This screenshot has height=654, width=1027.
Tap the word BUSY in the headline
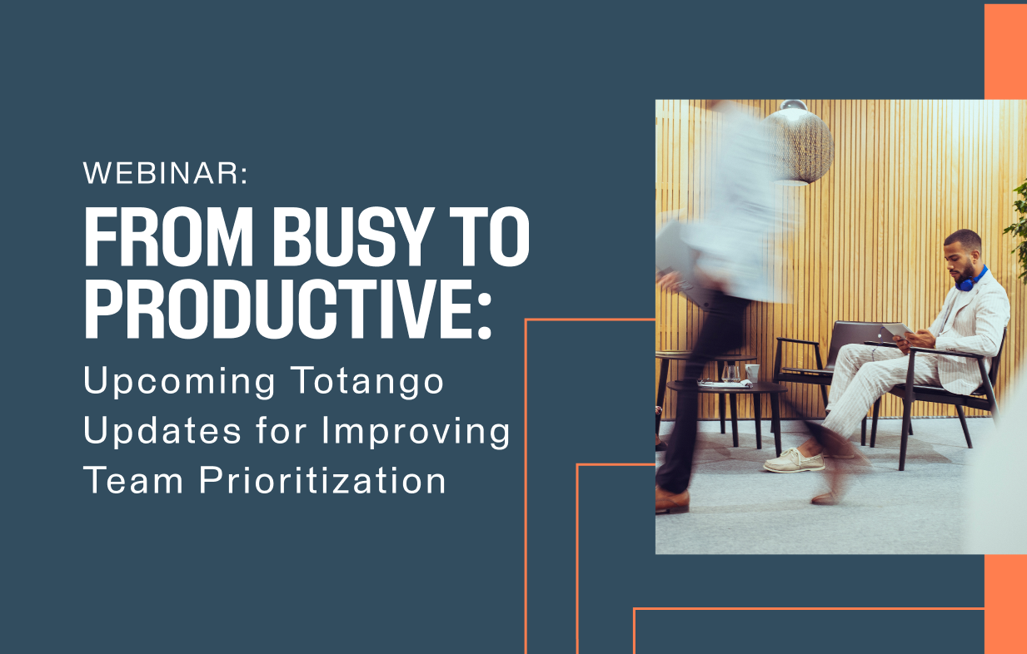coord(353,237)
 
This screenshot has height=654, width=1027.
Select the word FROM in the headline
coord(168,237)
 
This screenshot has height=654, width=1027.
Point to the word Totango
coord(367,381)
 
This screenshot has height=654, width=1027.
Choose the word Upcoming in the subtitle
coord(179,381)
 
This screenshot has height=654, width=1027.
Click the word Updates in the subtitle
coord(162,430)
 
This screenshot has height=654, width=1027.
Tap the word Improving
coord(416,431)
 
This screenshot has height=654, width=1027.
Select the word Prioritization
coord(322,480)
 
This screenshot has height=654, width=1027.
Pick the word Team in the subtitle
coord(133,480)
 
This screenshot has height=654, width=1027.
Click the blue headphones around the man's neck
coord(970,280)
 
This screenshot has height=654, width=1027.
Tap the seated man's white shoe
coord(794,460)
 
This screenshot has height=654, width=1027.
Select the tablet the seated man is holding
coord(897,329)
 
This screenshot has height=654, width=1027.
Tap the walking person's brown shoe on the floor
coord(672,501)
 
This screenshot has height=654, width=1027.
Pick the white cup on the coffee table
coord(752,372)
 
